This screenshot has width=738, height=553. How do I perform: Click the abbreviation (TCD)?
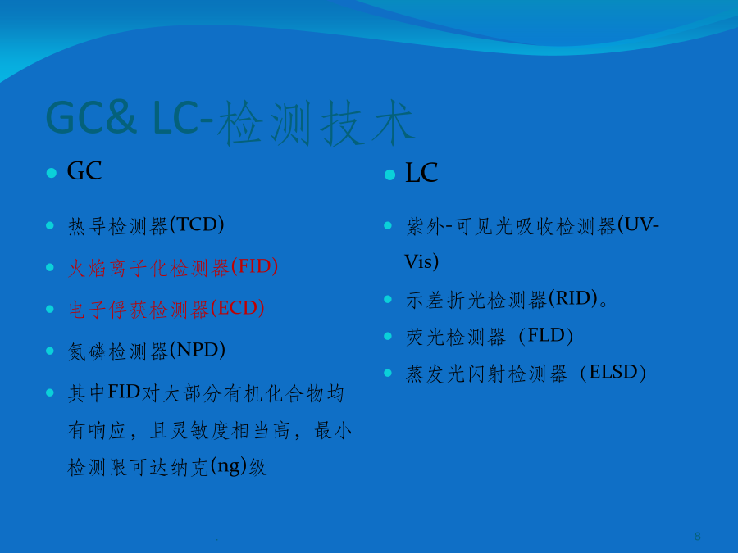point(197,224)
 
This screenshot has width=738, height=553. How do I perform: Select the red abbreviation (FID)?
point(254,266)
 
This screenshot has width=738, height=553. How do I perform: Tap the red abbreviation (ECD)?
point(237,309)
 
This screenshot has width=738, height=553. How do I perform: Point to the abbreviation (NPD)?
point(197,350)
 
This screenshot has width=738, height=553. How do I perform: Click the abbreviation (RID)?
point(573,298)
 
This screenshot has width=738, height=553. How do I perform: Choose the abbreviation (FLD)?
point(546,336)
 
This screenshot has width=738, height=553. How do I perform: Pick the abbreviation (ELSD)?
point(613,373)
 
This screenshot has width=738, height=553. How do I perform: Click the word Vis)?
point(421,261)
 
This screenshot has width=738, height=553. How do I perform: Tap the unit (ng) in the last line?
point(229,466)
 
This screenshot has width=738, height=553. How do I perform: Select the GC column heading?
point(84,170)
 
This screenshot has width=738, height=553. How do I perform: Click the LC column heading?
point(421,173)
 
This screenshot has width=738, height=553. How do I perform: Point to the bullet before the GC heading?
point(52,173)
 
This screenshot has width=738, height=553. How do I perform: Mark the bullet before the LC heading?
point(389,175)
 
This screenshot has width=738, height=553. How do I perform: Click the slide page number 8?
point(698,536)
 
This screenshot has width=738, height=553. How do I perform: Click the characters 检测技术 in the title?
point(316,122)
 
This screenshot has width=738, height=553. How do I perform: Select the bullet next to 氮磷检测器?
point(50,351)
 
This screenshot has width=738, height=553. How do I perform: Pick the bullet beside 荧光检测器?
point(388,336)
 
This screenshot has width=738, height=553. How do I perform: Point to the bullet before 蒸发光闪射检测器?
point(388,373)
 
